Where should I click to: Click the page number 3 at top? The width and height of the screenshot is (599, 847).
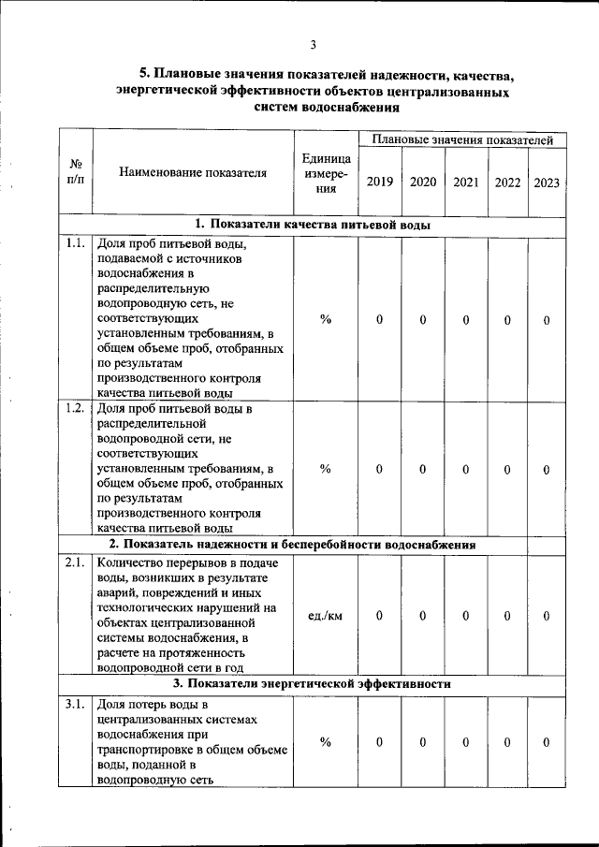[314, 44]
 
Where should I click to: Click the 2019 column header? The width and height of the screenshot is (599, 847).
[380, 182]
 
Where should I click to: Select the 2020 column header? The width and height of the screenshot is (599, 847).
[422, 182]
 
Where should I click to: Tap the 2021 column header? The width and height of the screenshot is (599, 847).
[465, 182]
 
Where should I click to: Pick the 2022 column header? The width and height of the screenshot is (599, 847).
[507, 182]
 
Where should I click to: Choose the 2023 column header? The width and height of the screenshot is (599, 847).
[547, 182]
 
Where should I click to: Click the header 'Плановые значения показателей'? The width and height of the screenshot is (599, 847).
[462, 139]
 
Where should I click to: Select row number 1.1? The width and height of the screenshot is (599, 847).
[75, 244]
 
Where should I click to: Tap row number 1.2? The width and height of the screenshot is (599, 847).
[75, 408]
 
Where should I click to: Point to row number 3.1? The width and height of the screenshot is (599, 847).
[75, 704]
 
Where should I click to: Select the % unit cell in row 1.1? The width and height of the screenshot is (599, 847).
[325, 320]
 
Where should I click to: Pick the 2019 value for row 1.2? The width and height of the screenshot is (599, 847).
[380, 469]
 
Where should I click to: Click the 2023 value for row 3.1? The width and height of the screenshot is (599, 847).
[547, 742]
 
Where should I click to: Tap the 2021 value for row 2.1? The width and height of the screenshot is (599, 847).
[465, 616]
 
